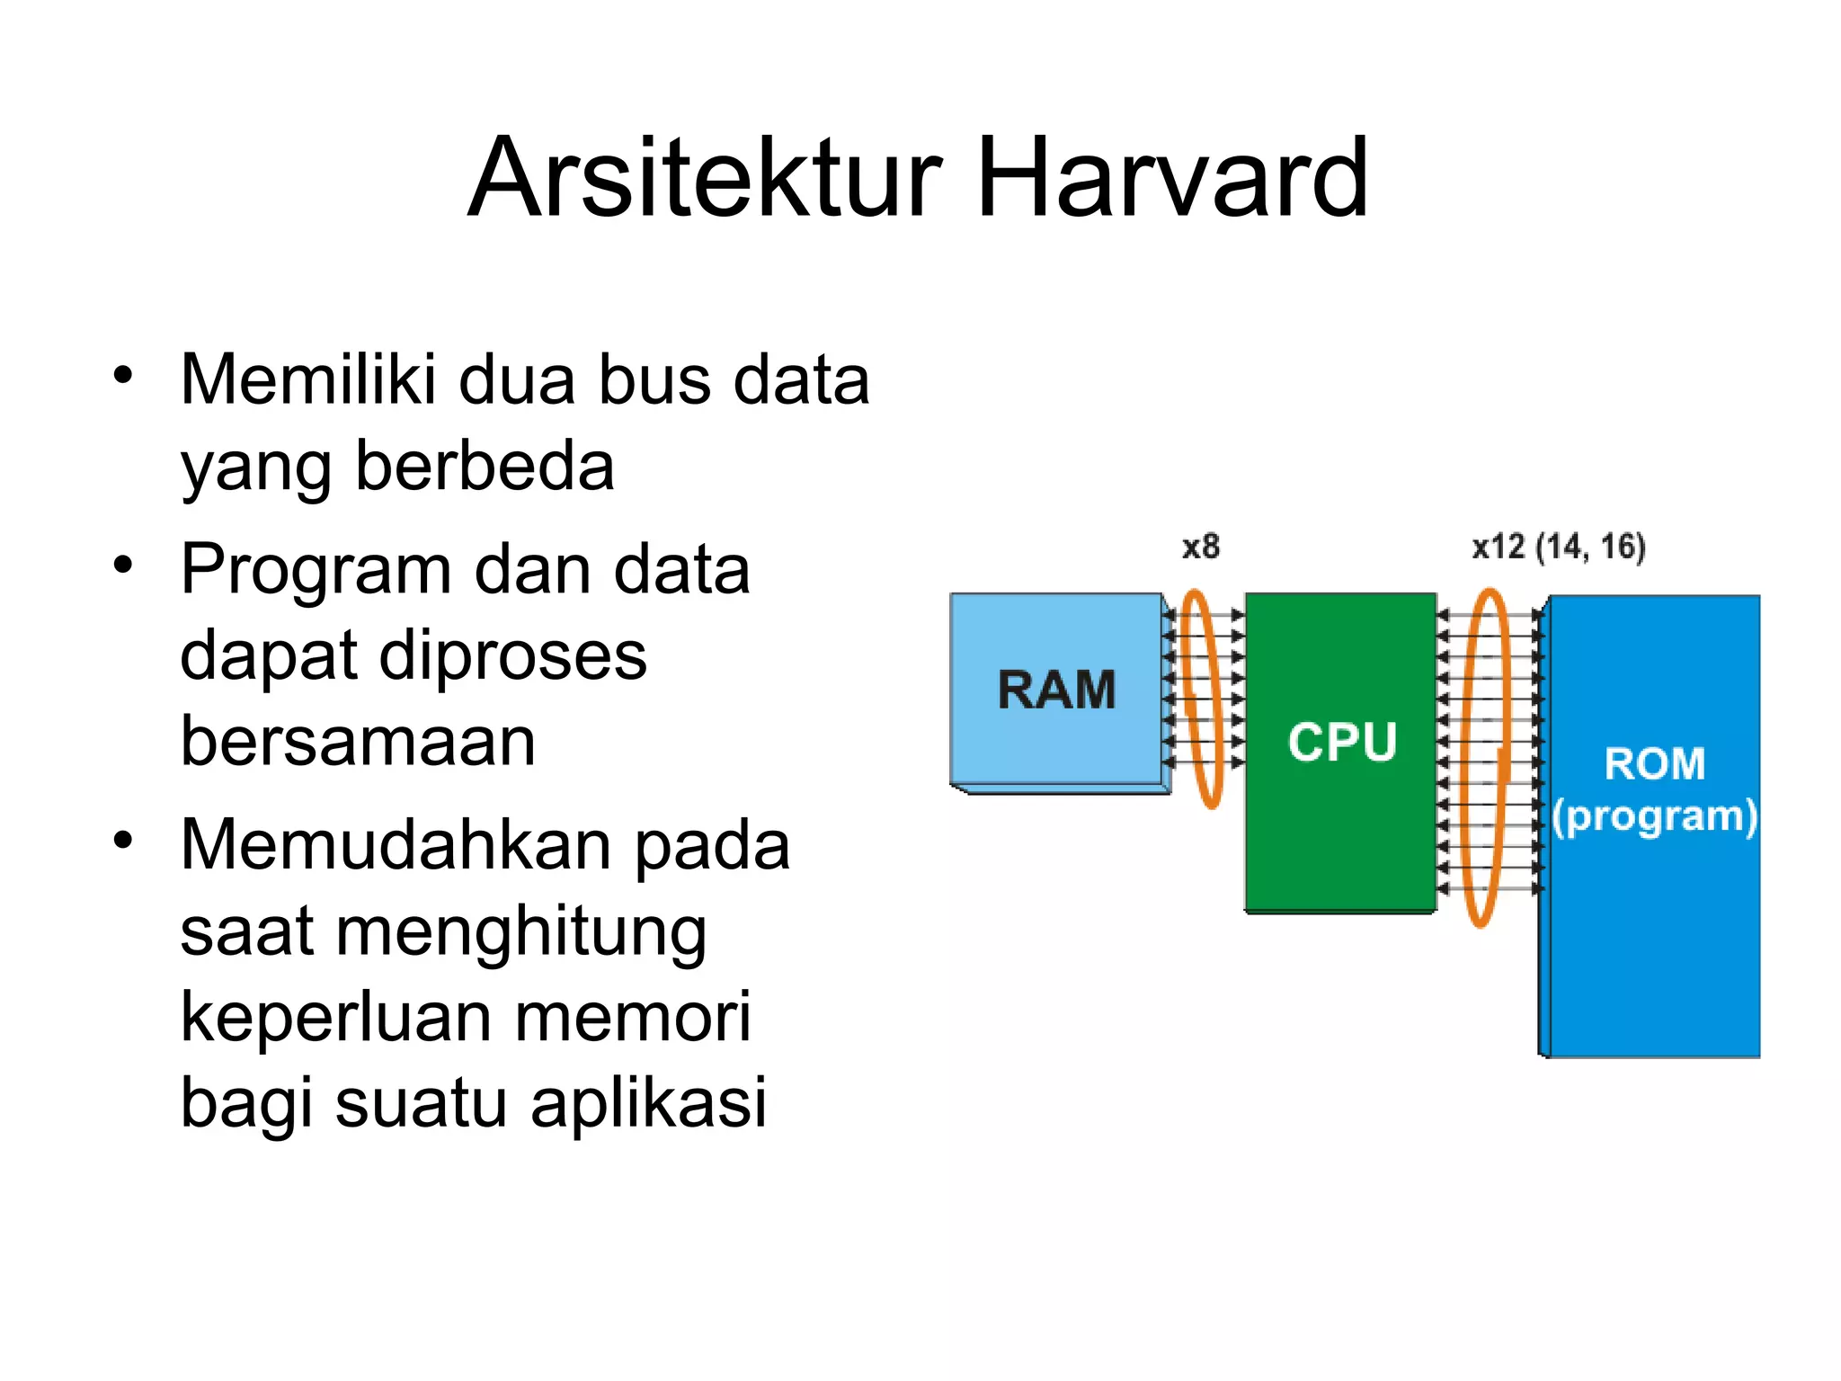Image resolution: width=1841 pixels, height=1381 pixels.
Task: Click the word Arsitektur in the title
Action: [x=705, y=177]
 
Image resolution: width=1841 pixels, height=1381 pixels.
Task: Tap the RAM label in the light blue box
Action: [x=1056, y=690]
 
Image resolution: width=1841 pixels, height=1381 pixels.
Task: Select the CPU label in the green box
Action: [x=1341, y=743]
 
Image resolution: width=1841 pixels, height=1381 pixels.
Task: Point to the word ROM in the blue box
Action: [x=1654, y=764]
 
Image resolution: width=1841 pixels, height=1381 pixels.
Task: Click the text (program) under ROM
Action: [x=1654, y=816]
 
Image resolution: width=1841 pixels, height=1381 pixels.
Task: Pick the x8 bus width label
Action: [x=1200, y=547]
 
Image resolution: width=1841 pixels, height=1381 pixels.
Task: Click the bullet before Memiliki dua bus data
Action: [x=123, y=375]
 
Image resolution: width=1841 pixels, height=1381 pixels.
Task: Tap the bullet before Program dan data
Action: [x=123, y=566]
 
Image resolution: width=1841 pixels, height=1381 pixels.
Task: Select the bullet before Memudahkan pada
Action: [x=123, y=841]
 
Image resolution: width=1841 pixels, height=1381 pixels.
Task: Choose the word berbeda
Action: [x=485, y=467]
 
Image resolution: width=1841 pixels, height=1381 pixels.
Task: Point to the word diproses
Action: [x=512, y=656]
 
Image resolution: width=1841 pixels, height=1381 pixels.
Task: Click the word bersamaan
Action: [x=358, y=742]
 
